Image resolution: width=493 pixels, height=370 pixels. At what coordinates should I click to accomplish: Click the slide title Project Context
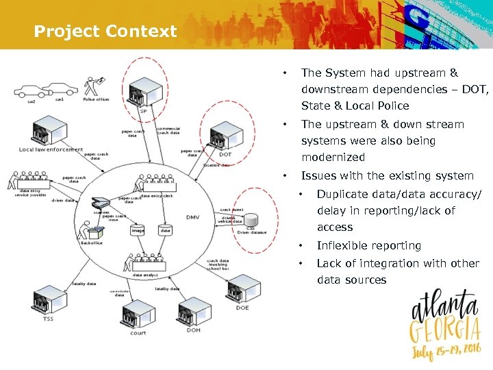[105, 32]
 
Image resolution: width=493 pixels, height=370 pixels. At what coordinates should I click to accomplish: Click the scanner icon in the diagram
[101, 203]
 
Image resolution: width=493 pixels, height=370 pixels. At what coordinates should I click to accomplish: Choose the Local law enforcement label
[51, 149]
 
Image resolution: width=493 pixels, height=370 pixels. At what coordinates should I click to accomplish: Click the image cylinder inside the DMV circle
[138, 230]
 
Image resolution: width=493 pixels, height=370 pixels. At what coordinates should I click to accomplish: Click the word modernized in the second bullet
[333, 157]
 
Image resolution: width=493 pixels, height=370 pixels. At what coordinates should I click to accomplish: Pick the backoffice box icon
[90, 231]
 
